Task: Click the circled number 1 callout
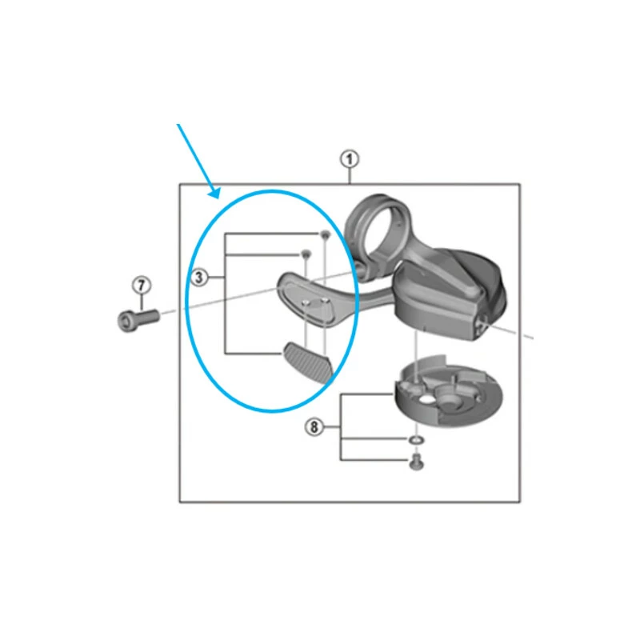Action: tap(350, 158)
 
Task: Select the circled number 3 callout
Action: tap(200, 278)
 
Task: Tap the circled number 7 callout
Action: tap(141, 285)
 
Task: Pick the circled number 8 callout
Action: tap(314, 428)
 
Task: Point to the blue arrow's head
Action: tap(214, 194)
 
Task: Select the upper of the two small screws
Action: tap(325, 234)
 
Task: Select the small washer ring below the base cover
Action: tap(414, 439)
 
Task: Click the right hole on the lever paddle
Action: tap(325, 299)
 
